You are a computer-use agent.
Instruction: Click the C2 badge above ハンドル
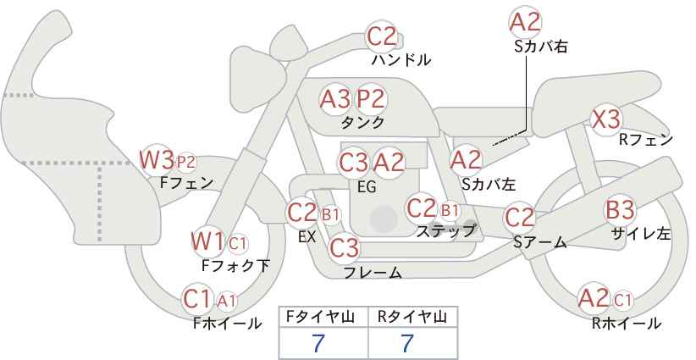(381, 36)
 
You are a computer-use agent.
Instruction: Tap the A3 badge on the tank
(335, 98)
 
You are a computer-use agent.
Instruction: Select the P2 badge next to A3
(370, 98)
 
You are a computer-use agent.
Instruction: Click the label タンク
(362, 122)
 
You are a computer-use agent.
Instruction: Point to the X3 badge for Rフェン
(606, 119)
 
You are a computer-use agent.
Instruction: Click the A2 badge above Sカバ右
(526, 21)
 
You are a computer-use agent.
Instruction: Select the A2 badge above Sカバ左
(466, 158)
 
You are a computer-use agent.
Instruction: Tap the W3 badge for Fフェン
(157, 158)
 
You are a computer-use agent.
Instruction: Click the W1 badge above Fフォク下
(207, 241)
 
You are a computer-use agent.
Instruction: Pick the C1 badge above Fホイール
(198, 298)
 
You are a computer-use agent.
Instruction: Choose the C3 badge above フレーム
(345, 248)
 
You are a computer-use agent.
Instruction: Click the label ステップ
(445, 230)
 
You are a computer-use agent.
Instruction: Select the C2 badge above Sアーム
(520, 217)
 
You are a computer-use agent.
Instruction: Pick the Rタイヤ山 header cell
(412, 316)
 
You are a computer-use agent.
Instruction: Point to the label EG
(367, 186)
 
